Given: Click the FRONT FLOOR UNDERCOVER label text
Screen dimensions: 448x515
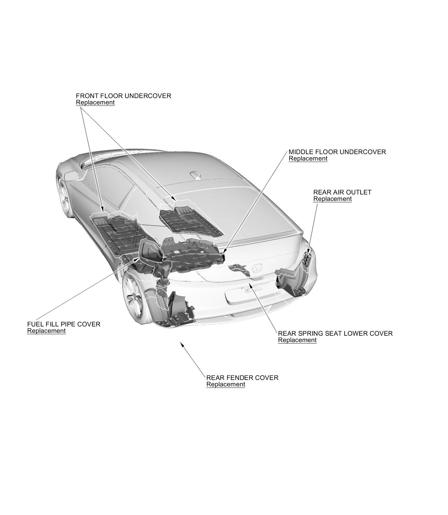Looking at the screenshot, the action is pos(123,96).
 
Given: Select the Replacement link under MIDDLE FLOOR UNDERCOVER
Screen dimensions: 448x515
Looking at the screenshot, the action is pos(308,159).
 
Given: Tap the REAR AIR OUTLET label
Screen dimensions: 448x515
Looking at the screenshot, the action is pos(342,192).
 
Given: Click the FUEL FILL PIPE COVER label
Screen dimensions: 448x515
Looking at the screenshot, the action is pos(64,324).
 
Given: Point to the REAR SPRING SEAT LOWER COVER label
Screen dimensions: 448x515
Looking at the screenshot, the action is pos(335,333).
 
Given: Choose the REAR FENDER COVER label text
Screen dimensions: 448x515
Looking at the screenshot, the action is pos(242,378).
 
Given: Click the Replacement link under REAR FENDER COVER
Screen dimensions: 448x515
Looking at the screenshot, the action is pos(225,384).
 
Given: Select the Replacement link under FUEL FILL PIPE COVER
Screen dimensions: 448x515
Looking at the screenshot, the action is pos(46,331).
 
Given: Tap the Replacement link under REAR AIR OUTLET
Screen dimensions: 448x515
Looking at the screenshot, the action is pos(332,199).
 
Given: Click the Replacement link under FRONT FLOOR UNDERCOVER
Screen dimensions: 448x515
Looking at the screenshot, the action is pos(95,103).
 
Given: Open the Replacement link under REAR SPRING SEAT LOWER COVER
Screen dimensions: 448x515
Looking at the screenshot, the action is pos(297,340).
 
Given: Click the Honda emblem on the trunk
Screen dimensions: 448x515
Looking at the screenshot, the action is pos(257,269).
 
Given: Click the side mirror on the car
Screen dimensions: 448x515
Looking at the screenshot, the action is pos(71,176).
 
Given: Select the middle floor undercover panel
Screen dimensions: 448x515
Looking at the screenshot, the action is pos(193,254).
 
